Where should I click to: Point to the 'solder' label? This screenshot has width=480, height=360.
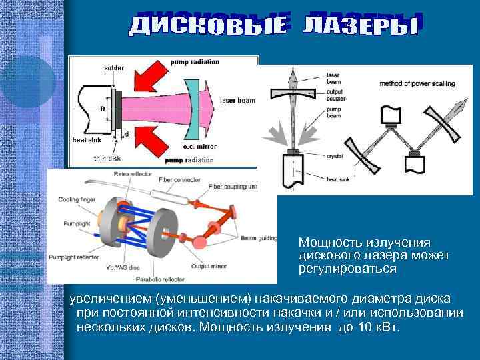pos(113,67)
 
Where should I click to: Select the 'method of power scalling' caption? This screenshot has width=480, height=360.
pos(413,84)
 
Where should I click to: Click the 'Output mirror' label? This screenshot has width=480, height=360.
pos(210,265)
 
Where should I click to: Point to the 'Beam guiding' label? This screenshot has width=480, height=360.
pos(257,238)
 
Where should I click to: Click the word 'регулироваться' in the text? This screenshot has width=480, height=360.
pos(347,269)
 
